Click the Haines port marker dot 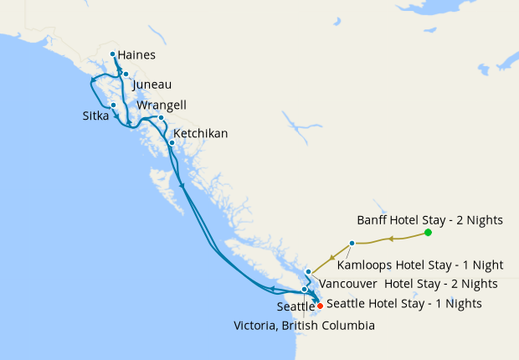(113, 54)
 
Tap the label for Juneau (152, 85)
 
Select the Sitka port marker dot (113, 105)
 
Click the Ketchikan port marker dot (172, 142)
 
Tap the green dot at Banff (428, 232)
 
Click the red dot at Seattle (320, 306)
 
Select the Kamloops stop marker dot (352, 243)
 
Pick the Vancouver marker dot (309, 271)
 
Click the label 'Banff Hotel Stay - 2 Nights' (429, 220)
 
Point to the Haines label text (136, 55)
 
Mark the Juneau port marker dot (126, 75)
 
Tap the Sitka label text (95, 116)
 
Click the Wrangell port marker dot (161, 118)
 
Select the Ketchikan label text (200, 133)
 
